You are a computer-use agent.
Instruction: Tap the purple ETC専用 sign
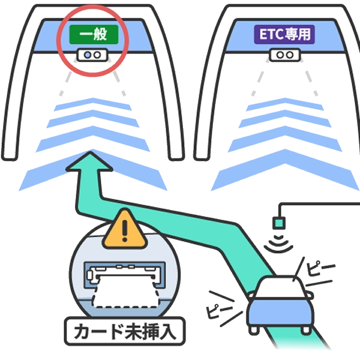284,34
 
